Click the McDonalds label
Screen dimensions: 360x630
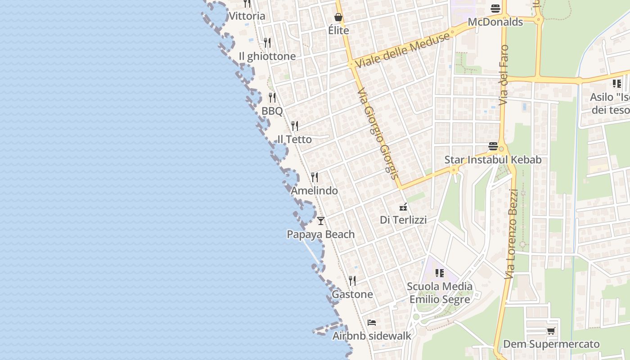(495, 22)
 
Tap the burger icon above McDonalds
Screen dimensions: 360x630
(495, 8)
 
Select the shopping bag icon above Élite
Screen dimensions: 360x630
(338, 17)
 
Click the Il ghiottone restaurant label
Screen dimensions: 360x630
(267, 56)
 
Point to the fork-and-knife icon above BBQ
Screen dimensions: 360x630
(272, 97)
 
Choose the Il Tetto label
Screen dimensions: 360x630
(295, 139)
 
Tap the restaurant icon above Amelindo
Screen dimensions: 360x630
(315, 177)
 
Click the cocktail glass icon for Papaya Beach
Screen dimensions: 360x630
(321, 220)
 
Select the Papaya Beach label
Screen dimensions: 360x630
(321, 234)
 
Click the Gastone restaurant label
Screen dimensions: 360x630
(352, 294)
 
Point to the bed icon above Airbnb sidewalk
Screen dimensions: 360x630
(372, 322)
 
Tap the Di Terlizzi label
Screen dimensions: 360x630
(403, 220)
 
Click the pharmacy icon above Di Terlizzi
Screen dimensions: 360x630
(404, 207)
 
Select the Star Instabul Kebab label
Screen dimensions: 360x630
(493, 160)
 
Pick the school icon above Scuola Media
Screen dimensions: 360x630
(440, 273)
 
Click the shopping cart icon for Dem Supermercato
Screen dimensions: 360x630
(551, 331)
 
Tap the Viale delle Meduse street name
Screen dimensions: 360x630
(402, 50)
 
